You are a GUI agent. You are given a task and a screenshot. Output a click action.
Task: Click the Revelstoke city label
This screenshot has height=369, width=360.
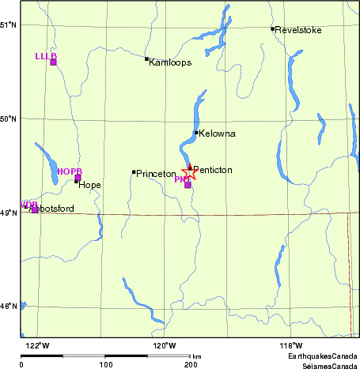click(x=300, y=30)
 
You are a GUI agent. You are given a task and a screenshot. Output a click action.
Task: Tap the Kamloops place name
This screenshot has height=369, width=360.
click(x=170, y=62)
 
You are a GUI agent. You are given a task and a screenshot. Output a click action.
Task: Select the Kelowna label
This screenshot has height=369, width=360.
click(x=218, y=134)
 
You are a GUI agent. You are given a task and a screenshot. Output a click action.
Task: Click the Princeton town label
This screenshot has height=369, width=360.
click(x=155, y=173)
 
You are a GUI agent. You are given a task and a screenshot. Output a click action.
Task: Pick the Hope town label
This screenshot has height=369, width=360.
click(x=89, y=185)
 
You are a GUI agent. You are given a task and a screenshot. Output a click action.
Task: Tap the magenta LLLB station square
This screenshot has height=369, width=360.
click(x=54, y=62)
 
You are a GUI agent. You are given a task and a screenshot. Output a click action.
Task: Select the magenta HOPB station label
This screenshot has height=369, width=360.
click(x=70, y=171)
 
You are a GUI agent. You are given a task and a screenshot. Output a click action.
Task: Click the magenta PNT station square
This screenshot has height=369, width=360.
click(x=188, y=185)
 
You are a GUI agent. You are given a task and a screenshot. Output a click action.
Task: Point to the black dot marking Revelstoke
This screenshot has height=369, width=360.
click(x=273, y=29)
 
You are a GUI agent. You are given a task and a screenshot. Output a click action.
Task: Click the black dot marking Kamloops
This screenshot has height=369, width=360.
click(x=146, y=58)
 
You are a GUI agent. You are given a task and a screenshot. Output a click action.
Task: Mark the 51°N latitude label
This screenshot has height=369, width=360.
click(x=9, y=24)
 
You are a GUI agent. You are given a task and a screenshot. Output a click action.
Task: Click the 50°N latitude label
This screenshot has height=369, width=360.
click(x=9, y=119)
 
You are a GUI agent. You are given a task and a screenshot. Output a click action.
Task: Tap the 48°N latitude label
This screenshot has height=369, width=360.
click(x=9, y=307)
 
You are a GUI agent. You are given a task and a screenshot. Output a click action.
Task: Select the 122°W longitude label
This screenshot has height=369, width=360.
click(x=36, y=345)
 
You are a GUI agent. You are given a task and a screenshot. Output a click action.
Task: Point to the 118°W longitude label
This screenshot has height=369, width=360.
click(x=290, y=345)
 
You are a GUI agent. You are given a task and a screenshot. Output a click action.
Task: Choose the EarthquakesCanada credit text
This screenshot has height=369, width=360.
click(x=322, y=357)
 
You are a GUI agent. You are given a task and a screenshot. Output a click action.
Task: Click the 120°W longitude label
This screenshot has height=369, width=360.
click(x=164, y=345)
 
